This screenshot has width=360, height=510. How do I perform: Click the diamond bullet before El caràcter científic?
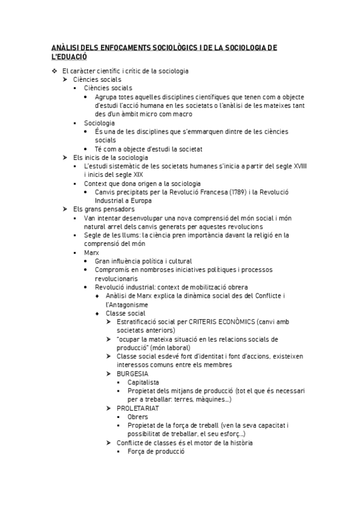pyautogui.click(x=54, y=71)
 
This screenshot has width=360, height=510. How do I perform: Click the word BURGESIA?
pyautogui.click(x=133, y=373)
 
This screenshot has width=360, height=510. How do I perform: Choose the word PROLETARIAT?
pyautogui.click(x=138, y=408)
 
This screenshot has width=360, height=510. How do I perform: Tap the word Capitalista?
pyautogui.click(x=144, y=382)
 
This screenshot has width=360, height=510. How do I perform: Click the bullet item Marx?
pyautogui.click(x=91, y=253)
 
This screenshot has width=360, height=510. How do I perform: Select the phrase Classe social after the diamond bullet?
pyautogui.click(x=125, y=313)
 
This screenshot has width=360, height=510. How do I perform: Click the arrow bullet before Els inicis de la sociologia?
pyautogui.click(x=65, y=158)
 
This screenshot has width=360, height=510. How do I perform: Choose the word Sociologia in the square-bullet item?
pyautogui.click(x=99, y=123)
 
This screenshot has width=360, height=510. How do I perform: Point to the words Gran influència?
pyautogui.click(x=118, y=262)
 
